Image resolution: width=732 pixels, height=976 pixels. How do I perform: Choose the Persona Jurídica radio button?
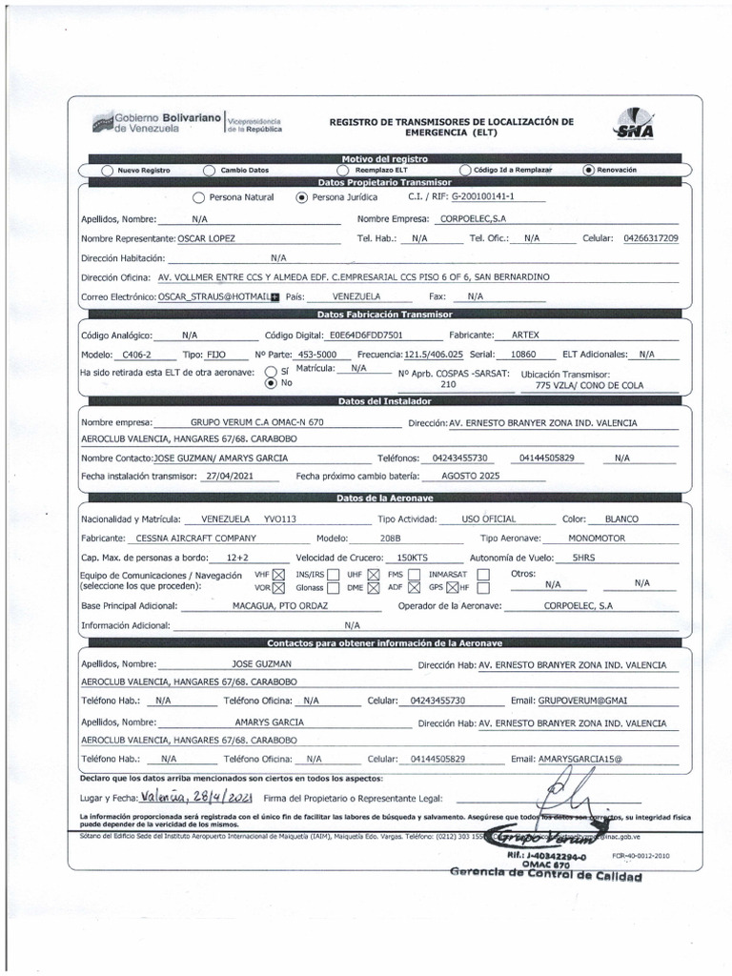tap(302, 198)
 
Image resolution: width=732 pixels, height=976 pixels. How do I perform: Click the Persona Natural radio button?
tap(198, 198)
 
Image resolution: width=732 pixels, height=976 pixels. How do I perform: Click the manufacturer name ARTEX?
tap(525, 335)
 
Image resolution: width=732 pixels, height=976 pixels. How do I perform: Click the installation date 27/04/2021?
tap(225, 477)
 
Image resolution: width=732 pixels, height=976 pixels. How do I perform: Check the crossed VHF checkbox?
tap(278, 575)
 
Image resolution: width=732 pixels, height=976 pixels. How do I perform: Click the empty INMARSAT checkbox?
tap(483, 575)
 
